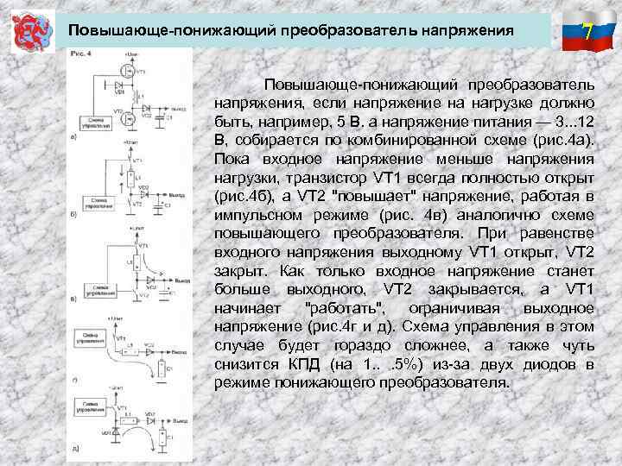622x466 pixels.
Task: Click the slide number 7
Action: tap(587, 34)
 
